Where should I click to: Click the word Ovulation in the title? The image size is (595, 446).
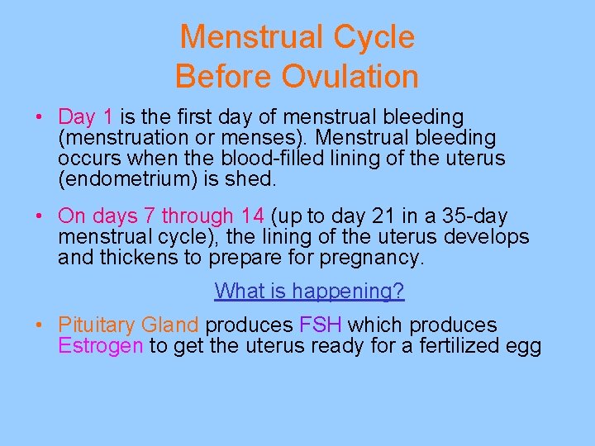click(350, 77)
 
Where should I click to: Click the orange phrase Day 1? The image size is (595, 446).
click(86, 117)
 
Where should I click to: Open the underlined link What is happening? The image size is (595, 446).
click(309, 291)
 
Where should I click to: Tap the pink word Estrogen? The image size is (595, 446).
click(100, 345)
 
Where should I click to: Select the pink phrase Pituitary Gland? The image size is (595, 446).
click(128, 325)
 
